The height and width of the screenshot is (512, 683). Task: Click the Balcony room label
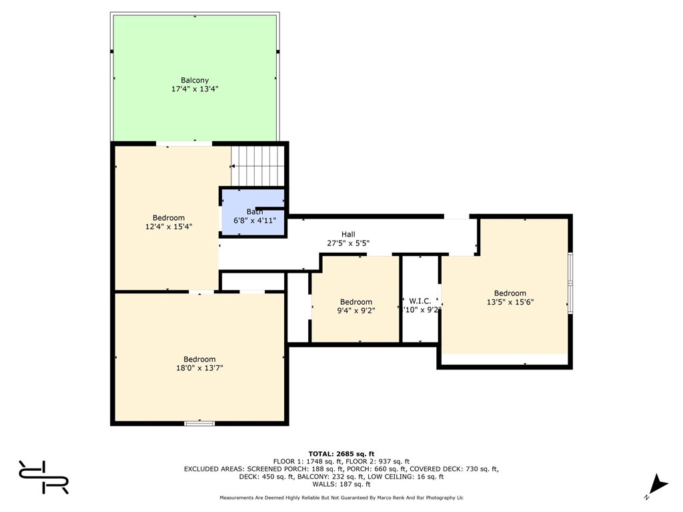(195, 81)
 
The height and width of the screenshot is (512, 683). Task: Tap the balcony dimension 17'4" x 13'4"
(195, 89)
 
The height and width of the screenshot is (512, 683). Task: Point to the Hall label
(348, 234)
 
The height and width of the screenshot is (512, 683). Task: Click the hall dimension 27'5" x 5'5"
(348, 243)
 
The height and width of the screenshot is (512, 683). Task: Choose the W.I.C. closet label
(420, 301)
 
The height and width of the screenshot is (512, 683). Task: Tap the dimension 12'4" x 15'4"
(169, 227)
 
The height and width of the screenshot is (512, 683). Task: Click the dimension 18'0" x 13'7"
(199, 367)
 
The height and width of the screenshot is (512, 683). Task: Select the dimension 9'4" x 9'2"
(356, 310)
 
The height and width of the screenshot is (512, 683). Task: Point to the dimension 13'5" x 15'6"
(510, 301)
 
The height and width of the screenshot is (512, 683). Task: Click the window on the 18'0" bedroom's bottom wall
(199, 423)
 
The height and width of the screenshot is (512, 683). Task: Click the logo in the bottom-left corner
(44, 477)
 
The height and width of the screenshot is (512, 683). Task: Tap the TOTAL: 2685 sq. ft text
(341, 453)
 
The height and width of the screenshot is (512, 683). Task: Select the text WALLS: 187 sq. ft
(341, 485)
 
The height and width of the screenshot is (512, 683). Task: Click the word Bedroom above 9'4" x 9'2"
(356, 302)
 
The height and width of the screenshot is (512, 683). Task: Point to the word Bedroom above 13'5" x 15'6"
(510, 293)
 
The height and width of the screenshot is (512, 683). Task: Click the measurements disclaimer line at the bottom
(341, 497)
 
